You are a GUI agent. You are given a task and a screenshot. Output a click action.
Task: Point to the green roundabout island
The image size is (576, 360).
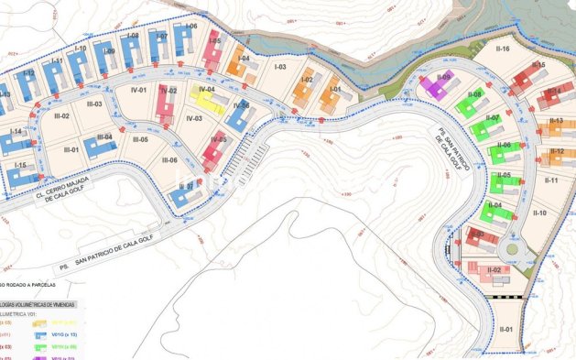(x=511, y=248)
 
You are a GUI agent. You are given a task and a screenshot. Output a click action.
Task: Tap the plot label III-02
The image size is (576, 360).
(x=61, y=116)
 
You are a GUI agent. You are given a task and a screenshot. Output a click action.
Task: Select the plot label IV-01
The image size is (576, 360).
(x=139, y=90)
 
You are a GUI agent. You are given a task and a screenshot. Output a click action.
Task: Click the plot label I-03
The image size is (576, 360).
(x=280, y=67)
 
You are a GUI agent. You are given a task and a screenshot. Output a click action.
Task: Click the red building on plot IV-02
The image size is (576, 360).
(x=166, y=104)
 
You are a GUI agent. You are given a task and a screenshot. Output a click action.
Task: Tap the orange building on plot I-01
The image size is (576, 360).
(x=331, y=98)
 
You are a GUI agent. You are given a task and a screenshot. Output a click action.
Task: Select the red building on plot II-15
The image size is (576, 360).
(x=526, y=77)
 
